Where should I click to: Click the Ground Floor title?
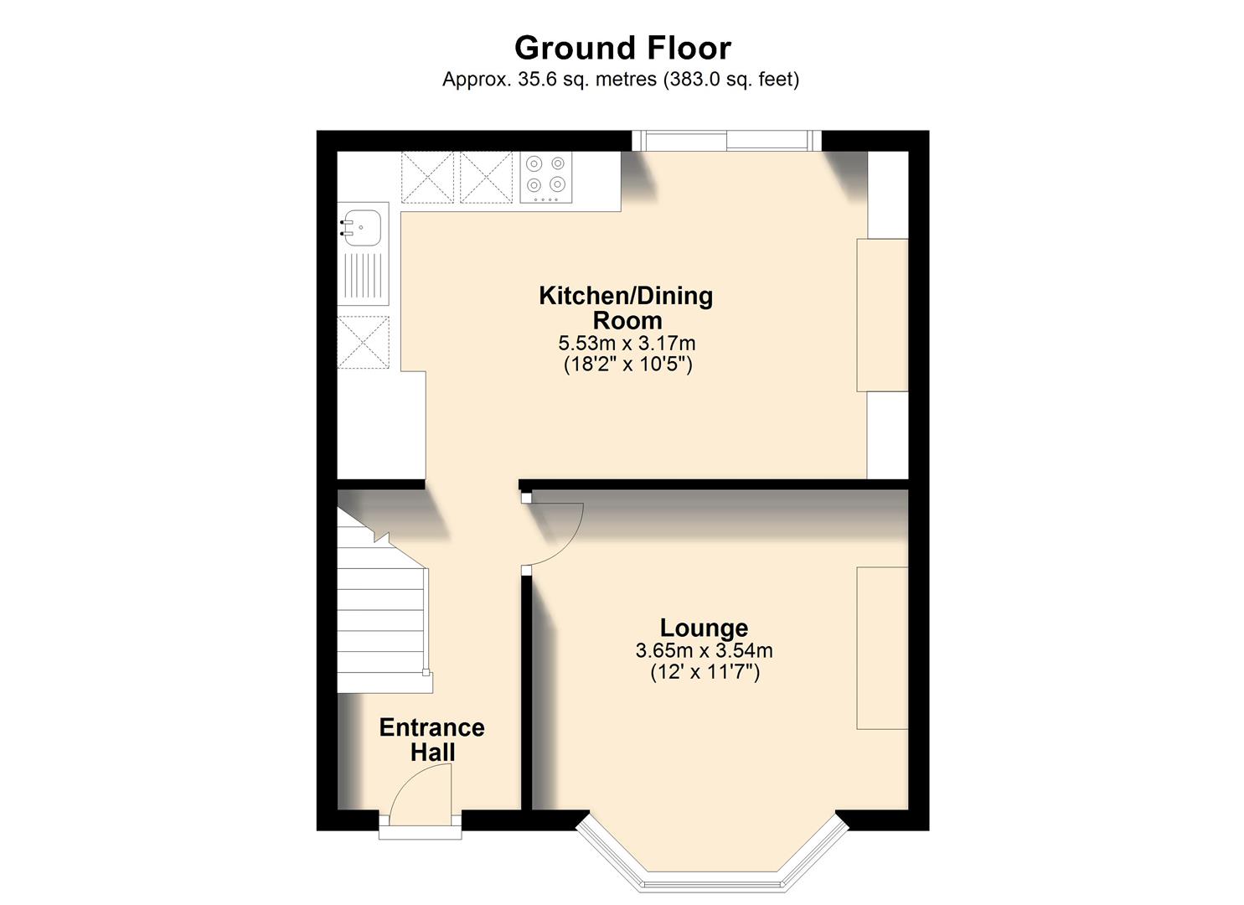click(622, 49)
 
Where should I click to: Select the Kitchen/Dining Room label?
click(626, 308)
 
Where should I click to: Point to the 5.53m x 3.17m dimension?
click(627, 343)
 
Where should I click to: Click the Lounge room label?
click(704, 628)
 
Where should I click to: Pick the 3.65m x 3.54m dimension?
click(704, 650)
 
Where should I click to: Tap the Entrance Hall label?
click(431, 739)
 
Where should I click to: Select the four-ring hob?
click(545, 177)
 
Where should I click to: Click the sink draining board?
click(363, 277)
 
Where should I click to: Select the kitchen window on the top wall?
click(726, 141)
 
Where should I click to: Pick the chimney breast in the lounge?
click(881, 648)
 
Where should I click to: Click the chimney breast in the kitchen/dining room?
click(881, 315)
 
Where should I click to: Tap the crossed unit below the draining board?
click(364, 342)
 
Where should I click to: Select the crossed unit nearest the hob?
click(486, 177)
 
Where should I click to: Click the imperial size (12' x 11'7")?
click(705, 672)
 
